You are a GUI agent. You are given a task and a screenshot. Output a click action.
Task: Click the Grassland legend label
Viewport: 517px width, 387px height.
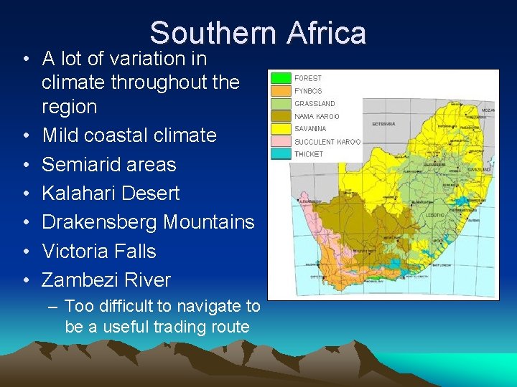pos(315,104)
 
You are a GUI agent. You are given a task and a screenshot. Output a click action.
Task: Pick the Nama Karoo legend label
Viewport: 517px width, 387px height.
pos(317,116)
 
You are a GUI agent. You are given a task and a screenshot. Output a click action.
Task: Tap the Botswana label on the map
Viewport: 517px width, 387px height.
pos(383,124)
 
